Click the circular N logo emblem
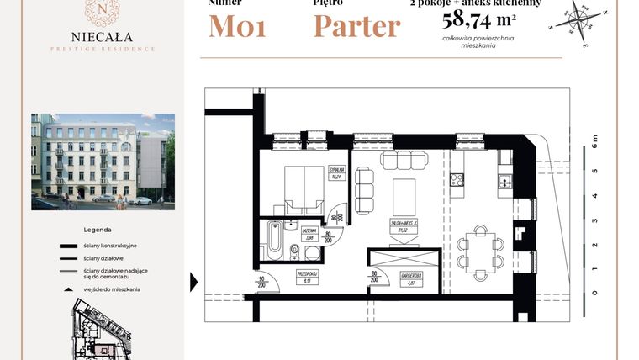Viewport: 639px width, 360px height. click(x=101, y=11)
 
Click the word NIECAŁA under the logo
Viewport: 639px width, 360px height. click(x=101, y=37)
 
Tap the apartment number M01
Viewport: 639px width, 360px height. click(x=238, y=27)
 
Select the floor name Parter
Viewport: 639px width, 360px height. click(x=356, y=27)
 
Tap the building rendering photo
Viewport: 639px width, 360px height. click(x=103, y=161)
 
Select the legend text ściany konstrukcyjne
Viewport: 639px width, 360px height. click(x=110, y=246)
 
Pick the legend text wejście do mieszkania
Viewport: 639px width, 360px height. click(x=112, y=289)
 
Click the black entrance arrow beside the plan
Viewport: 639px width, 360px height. click(x=194, y=282)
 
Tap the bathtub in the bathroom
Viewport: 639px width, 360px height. click(x=272, y=241)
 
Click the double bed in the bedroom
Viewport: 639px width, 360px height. click(x=302, y=188)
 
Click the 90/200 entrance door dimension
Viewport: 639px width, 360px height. click(x=261, y=283)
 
